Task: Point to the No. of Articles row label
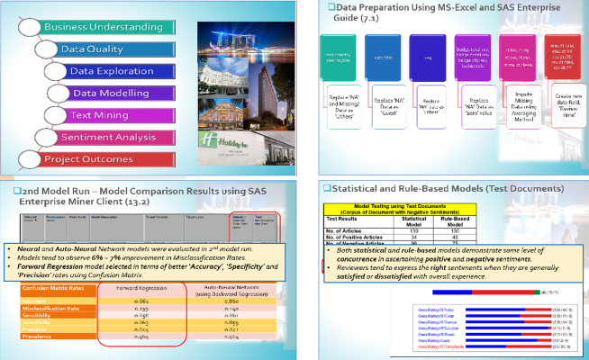click(x=348, y=229)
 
